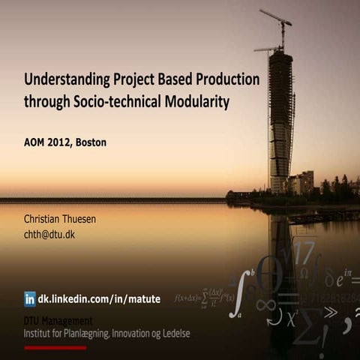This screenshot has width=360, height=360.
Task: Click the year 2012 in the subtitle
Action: pyautogui.click(x=64, y=142)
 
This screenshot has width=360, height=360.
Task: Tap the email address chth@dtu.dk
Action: pyautogui.click(x=49, y=234)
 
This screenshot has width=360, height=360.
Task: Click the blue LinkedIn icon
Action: pyautogui.click(x=30, y=298)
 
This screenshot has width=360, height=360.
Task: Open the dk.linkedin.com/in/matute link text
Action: pyautogui.click(x=100, y=298)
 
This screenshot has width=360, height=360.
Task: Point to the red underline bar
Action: pyautogui.click(x=55, y=347)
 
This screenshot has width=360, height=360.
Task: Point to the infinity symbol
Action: pyautogui.click(x=264, y=305)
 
